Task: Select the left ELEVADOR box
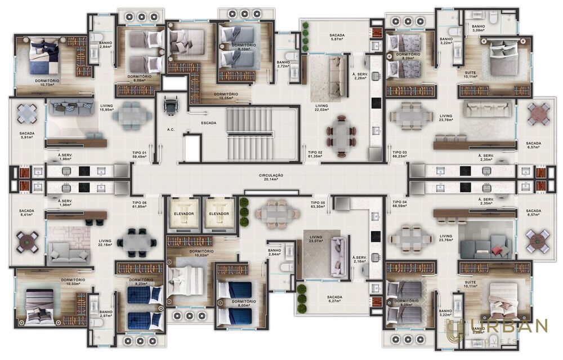183,215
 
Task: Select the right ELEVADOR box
218,215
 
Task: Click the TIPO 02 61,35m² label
315,154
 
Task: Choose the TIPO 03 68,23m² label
400,154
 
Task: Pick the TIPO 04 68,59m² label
400,203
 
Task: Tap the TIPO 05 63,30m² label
318,203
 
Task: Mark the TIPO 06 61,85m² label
139,204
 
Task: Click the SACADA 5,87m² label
337,37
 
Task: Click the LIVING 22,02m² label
321,108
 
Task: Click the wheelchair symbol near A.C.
168,104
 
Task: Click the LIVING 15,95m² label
106,107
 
